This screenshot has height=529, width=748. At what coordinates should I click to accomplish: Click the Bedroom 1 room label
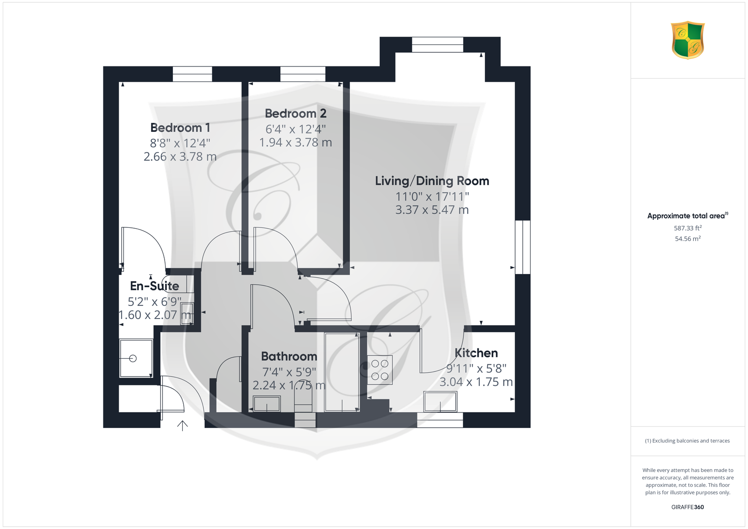coord(180,128)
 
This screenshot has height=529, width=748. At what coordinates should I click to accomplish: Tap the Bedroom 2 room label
coord(295,114)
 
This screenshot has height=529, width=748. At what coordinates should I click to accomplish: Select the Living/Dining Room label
coord(432,181)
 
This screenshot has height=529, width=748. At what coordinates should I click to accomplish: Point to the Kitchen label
coord(476,353)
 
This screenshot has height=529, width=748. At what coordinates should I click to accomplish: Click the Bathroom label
coord(289,356)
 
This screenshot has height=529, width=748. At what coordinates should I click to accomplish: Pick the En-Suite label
coord(154,286)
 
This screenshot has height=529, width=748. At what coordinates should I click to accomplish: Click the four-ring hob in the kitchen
coord(380,370)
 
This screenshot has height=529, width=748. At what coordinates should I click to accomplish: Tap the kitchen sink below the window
coord(440,402)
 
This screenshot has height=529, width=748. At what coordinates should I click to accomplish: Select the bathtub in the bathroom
coord(342,372)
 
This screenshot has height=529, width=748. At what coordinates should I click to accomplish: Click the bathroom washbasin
coord(266,404)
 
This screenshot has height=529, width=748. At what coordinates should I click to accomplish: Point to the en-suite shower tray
coord(136,358)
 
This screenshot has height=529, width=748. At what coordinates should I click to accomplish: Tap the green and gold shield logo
coord(688,40)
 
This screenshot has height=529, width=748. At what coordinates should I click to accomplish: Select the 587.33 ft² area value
coord(688,228)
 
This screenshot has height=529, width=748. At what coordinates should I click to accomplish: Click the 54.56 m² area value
coord(688,239)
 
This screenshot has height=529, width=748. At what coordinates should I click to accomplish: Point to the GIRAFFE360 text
coord(688,507)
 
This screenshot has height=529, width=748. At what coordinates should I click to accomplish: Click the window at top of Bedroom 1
coord(192,74)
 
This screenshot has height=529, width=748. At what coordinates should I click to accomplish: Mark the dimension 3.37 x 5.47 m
coord(432,210)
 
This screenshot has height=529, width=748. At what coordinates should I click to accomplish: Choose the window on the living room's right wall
coord(523,247)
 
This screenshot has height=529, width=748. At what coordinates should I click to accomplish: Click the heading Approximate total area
coord(688,216)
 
